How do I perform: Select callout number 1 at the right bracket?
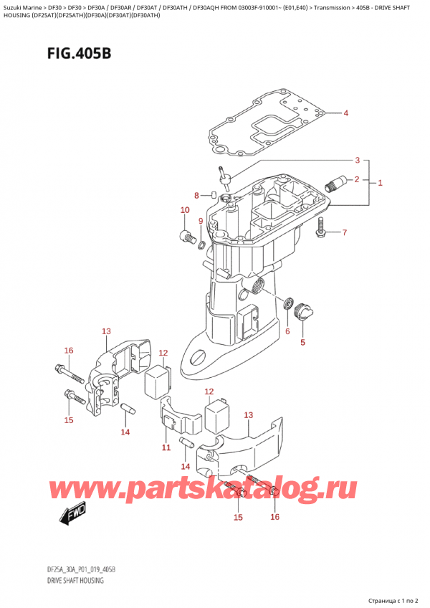(380, 183)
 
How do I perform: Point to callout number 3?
(357, 160)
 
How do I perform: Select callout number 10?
(184, 210)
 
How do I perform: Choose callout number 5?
(302, 342)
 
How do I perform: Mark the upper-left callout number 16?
(69, 351)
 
